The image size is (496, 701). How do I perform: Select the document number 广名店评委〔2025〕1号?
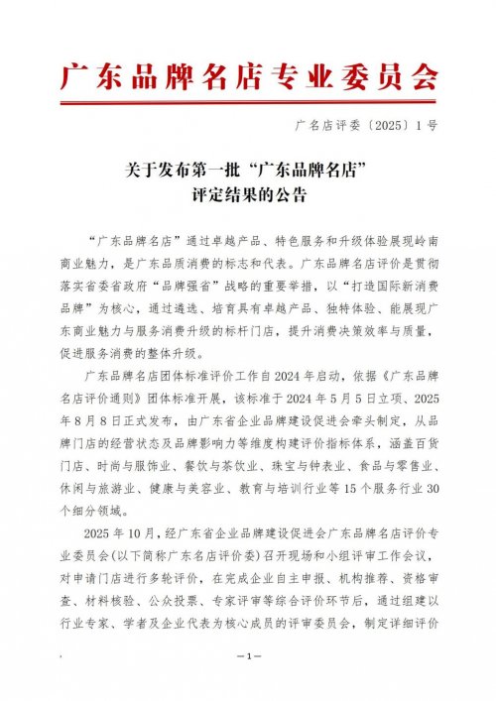tap(366, 126)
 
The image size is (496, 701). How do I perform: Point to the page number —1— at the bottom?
tap(248, 655)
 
